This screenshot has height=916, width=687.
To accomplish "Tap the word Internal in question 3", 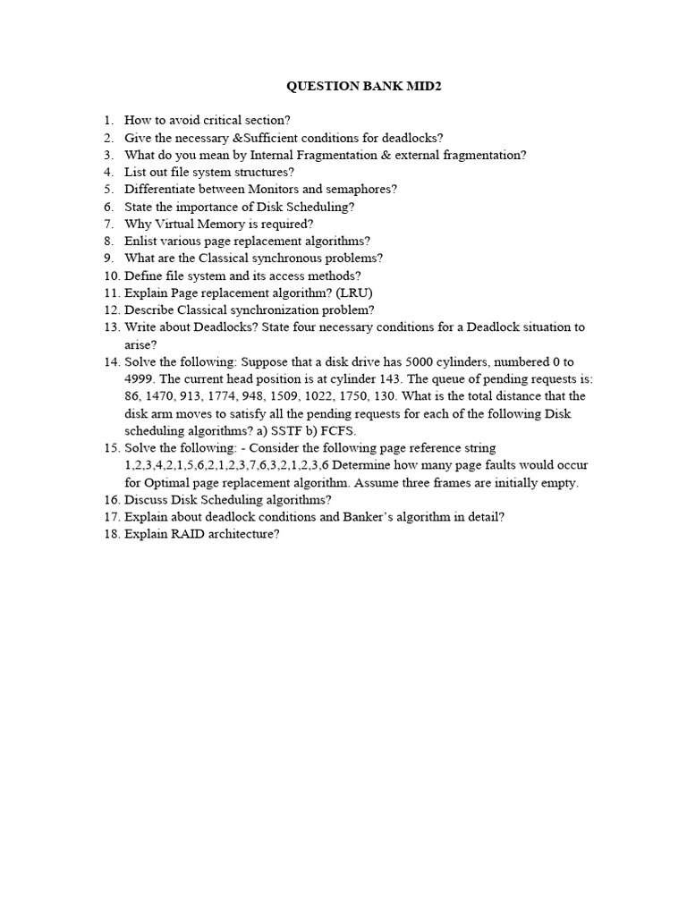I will [278, 155].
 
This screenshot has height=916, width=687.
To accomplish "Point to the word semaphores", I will [360, 189].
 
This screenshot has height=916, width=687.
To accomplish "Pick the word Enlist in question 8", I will [140, 241].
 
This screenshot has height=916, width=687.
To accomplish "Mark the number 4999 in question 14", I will [140, 378].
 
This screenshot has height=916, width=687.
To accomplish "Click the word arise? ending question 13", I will [141, 344].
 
